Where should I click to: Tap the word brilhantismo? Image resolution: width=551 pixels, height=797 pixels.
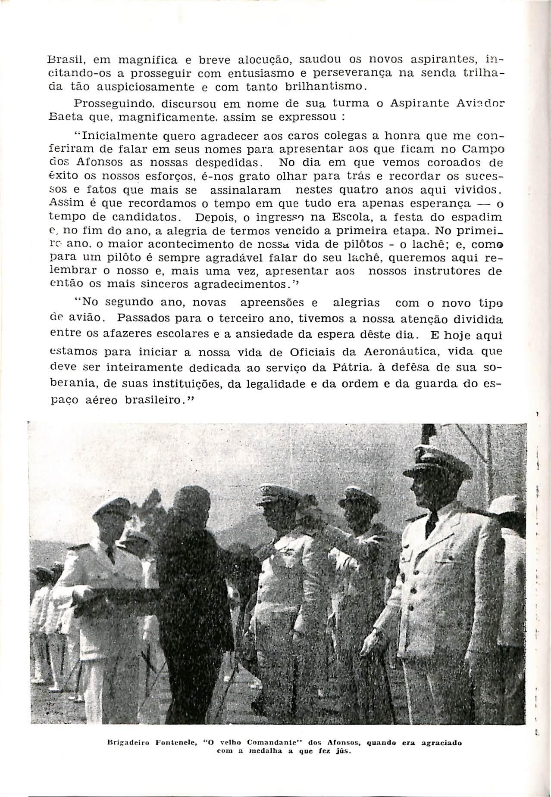(x=322, y=88)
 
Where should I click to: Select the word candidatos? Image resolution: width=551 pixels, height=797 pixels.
(x=152, y=217)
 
